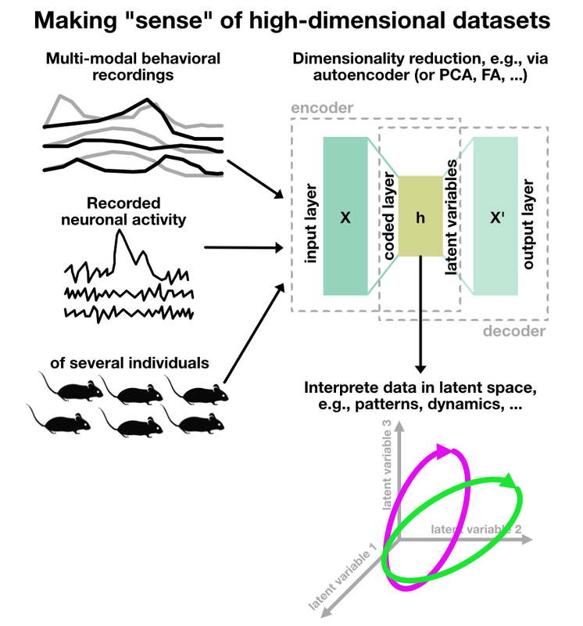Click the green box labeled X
pyautogui.click(x=345, y=216)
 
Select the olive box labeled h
pyautogui.click(x=420, y=216)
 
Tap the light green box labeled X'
pyautogui.click(x=495, y=216)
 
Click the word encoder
pyautogui.click(x=322, y=108)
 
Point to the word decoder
pyautogui.click(x=514, y=331)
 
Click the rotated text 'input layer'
pyautogui.click(x=310, y=224)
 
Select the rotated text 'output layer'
pyautogui.click(x=528, y=224)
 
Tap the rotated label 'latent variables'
pyautogui.click(x=451, y=218)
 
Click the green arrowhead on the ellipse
pyautogui.click(x=511, y=481)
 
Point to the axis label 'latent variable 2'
pyautogui.click(x=476, y=530)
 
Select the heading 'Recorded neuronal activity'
pyautogui.click(x=123, y=211)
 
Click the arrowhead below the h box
pyautogui.click(x=420, y=368)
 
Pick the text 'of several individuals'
pyautogui.click(x=130, y=363)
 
